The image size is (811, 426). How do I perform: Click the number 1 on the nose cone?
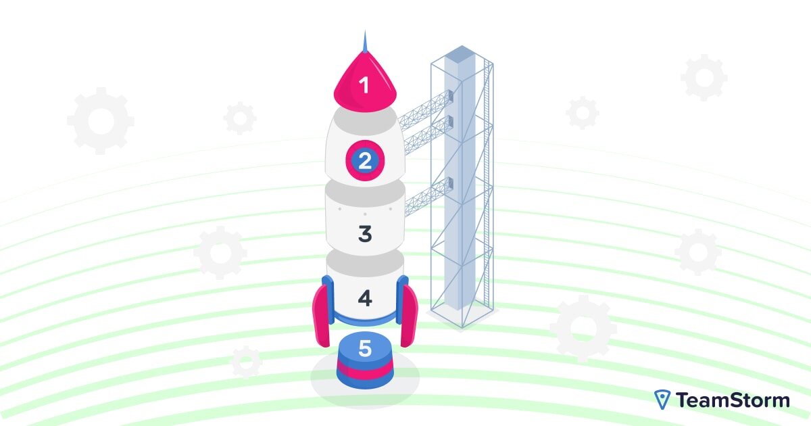pyautogui.click(x=364, y=86)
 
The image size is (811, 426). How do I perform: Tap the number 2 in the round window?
pyautogui.click(x=365, y=162)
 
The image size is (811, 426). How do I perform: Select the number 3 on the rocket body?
pyautogui.click(x=365, y=234)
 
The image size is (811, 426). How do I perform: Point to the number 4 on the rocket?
pyautogui.click(x=365, y=298)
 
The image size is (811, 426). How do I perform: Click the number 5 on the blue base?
pyautogui.click(x=365, y=349)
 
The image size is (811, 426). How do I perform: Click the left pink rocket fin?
pyautogui.click(x=321, y=314)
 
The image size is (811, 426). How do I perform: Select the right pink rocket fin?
pyautogui.click(x=408, y=314)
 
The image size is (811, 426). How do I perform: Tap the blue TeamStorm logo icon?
pyautogui.click(x=662, y=400)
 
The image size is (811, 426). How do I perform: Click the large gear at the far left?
pyautogui.click(x=101, y=120)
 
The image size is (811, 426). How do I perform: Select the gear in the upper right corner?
pyautogui.click(x=704, y=78)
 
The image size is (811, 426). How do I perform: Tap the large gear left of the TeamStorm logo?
pyautogui.click(x=583, y=329)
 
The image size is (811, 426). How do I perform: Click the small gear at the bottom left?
pyautogui.click(x=247, y=362)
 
